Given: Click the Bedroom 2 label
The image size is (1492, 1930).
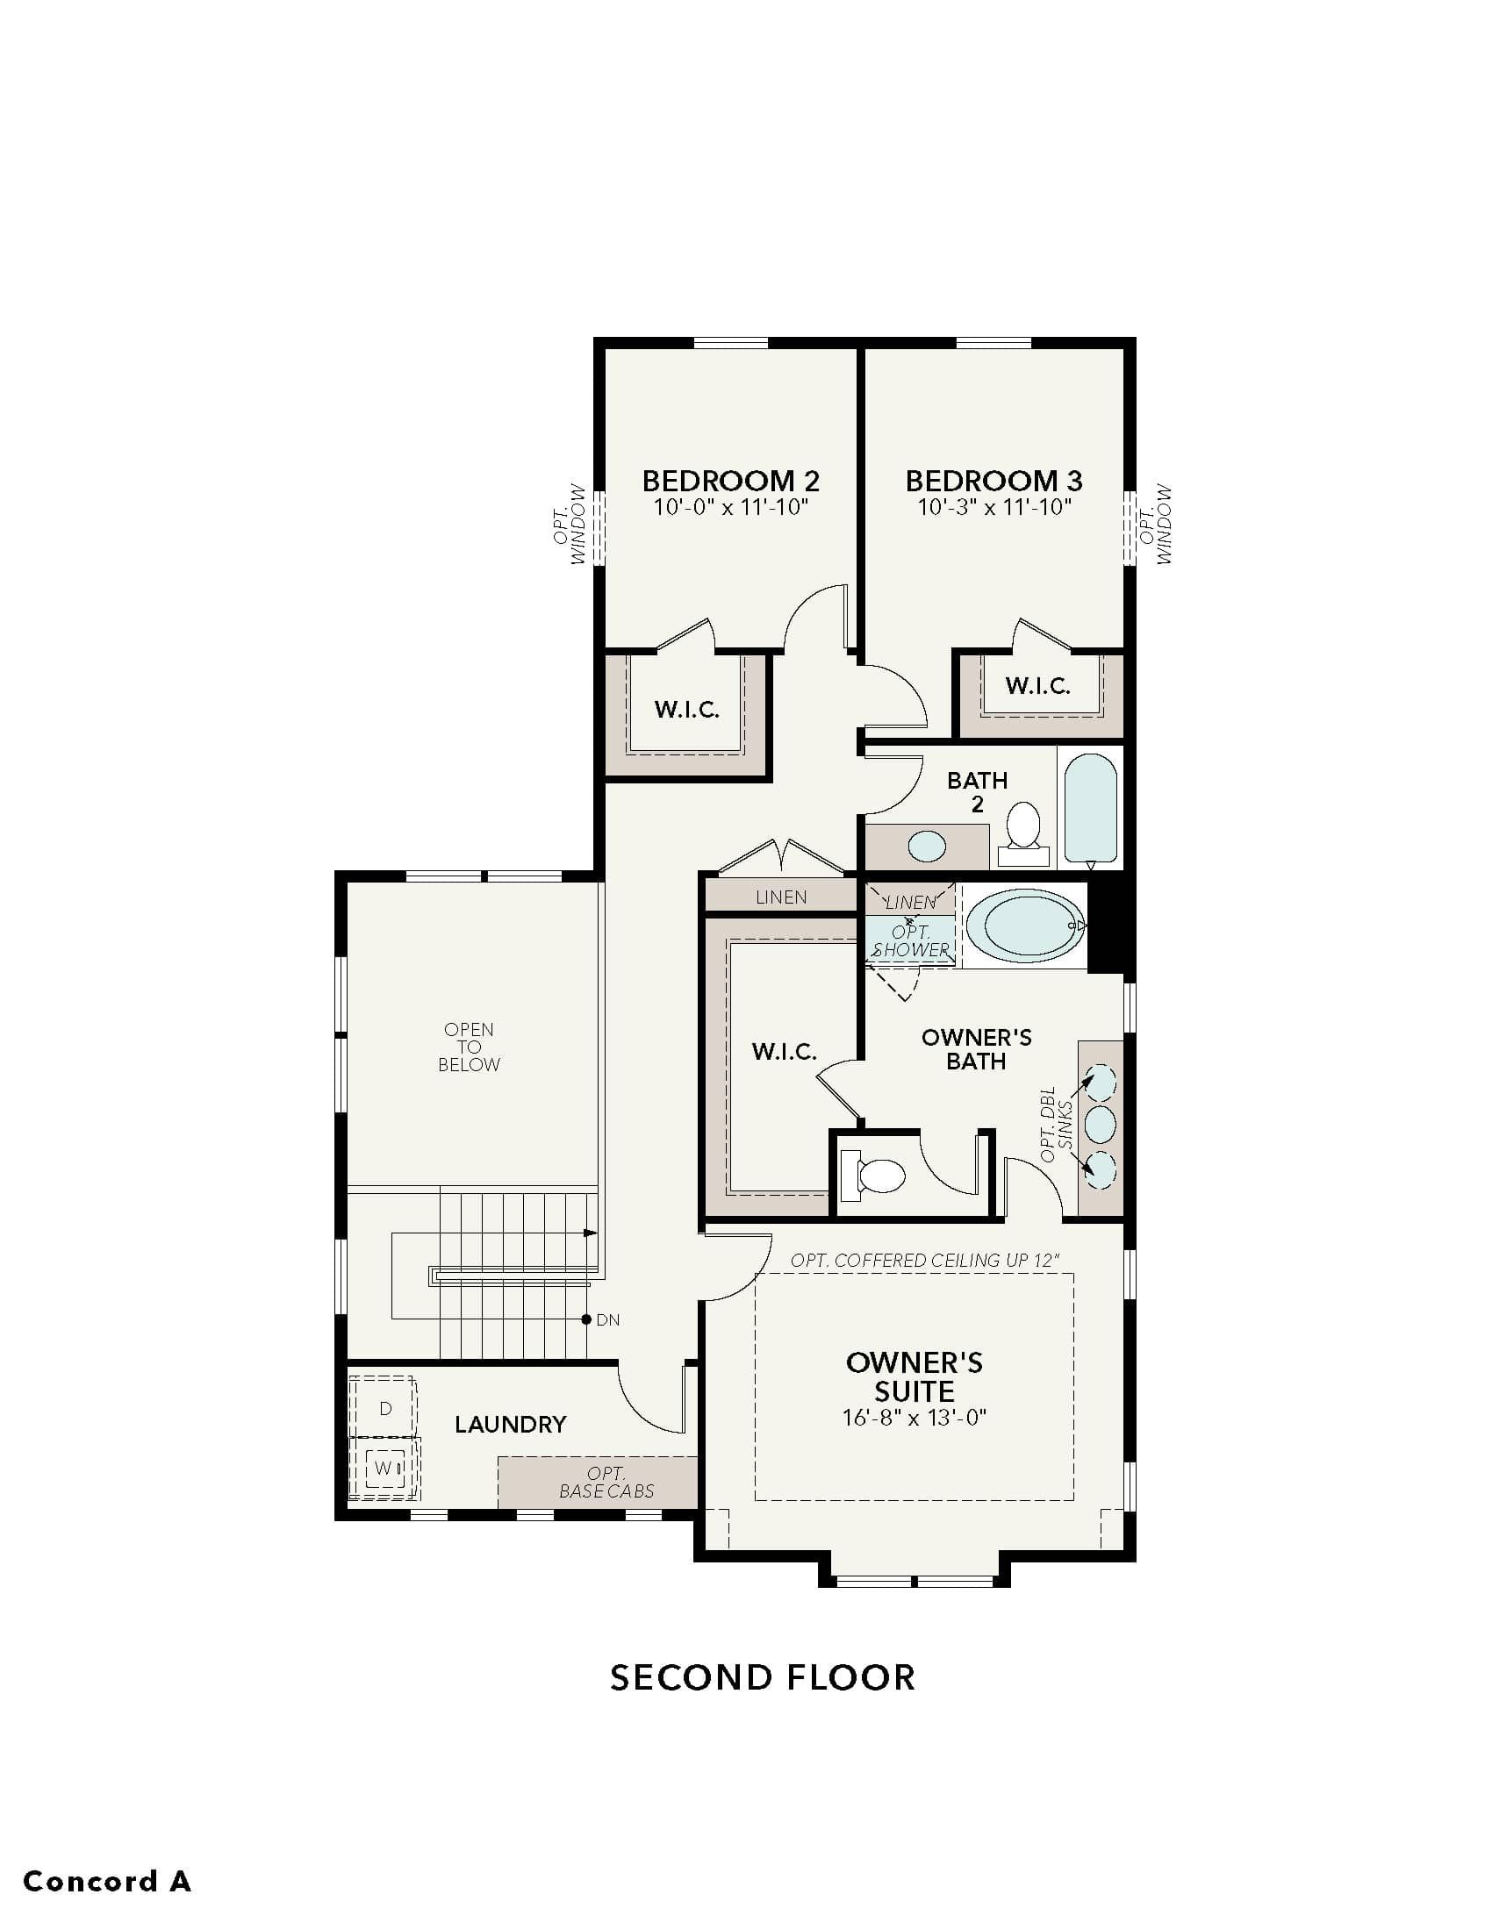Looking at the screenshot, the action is tap(730, 481).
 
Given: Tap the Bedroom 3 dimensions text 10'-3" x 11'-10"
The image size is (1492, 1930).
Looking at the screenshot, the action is tap(993, 507).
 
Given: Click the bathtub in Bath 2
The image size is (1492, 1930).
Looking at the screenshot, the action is tap(1091, 808).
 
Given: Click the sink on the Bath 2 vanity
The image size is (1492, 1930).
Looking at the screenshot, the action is tap(927, 847).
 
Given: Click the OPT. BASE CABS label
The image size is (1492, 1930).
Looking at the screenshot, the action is tap(606, 1482).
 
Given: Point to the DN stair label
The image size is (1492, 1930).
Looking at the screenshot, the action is tap(607, 1319).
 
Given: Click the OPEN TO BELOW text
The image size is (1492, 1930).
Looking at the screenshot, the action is tap(469, 1047).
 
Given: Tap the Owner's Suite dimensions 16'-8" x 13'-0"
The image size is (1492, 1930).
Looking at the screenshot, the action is tap(914, 1418).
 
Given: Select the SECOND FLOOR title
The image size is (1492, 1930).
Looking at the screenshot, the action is tap(763, 1676).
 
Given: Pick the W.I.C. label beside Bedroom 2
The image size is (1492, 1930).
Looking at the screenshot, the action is tap(687, 709).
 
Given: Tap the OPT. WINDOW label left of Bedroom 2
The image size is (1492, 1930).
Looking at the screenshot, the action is tap(572, 524).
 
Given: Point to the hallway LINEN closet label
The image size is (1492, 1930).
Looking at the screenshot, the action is tap(780, 897).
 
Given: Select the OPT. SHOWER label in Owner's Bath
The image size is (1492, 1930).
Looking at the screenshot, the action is tap(910, 940).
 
